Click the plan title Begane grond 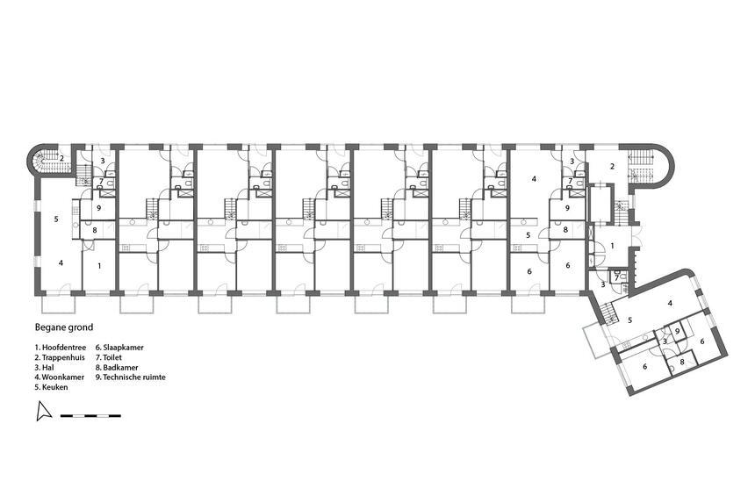[64, 327]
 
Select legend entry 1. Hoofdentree [61, 347]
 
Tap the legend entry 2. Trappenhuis [60, 357]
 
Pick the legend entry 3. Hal [44, 367]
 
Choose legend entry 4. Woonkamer [59, 377]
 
